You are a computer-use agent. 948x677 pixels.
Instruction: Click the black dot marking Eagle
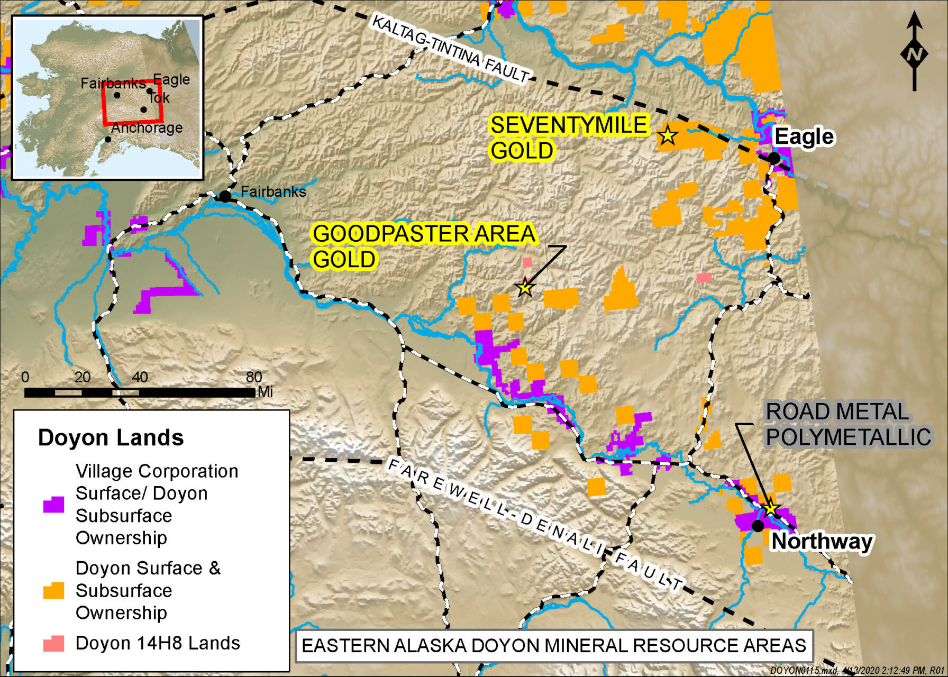(774, 158)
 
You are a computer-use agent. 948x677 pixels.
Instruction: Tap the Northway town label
(821, 542)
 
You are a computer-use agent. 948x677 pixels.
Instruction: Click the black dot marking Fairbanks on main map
(225, 196)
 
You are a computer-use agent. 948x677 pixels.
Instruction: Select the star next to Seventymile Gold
(668, 135)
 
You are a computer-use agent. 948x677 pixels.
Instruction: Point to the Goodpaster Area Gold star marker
(525, 288)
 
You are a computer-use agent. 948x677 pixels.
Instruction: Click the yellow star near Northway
(771, 508)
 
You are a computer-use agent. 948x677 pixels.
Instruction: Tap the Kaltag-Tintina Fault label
(450, 49)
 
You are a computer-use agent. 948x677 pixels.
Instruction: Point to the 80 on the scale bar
(254, 377)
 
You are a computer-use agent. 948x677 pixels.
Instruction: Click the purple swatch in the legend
(53, 505)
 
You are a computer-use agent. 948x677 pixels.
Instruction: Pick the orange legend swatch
(53, 591)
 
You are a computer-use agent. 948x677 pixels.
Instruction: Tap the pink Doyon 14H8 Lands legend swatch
(53, 644)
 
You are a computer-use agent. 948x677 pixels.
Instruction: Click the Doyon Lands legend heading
(111, 438)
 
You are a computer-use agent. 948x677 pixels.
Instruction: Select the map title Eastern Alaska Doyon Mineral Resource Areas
(553, 646)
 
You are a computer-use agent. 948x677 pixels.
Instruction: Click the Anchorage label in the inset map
(147, 128)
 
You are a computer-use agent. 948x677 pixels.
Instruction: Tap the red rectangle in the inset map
(132, 102)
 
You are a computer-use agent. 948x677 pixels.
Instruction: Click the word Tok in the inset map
(159, 98)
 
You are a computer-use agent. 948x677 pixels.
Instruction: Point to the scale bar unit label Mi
(265, 392)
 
